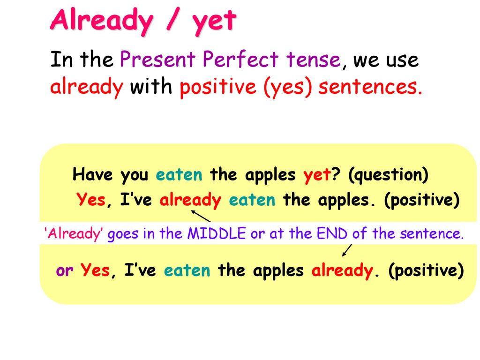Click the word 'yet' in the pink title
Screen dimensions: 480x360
point(214,22)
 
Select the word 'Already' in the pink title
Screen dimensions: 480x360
point(101,21)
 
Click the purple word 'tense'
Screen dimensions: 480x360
point(314,60)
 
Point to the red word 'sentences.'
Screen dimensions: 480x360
point(370,87)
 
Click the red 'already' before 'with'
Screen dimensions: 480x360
point(87,87)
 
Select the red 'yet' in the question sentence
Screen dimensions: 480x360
point(317,175)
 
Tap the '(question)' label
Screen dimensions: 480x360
point(388,175)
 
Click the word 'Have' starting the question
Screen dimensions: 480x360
point(93,174)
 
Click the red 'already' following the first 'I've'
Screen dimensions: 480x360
point(190,200)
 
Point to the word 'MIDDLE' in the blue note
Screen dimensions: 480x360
point(217,233)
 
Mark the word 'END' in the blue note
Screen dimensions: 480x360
point(332,233)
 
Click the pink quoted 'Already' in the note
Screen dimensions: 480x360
point(74,233)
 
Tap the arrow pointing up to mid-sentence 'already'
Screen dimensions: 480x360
point(201,216)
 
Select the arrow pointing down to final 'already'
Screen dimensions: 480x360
point(347,250)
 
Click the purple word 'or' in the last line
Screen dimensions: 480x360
point(64,270)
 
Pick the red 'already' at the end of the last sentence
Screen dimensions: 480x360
point(342,270)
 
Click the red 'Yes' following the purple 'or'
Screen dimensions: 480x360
point(95,270)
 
